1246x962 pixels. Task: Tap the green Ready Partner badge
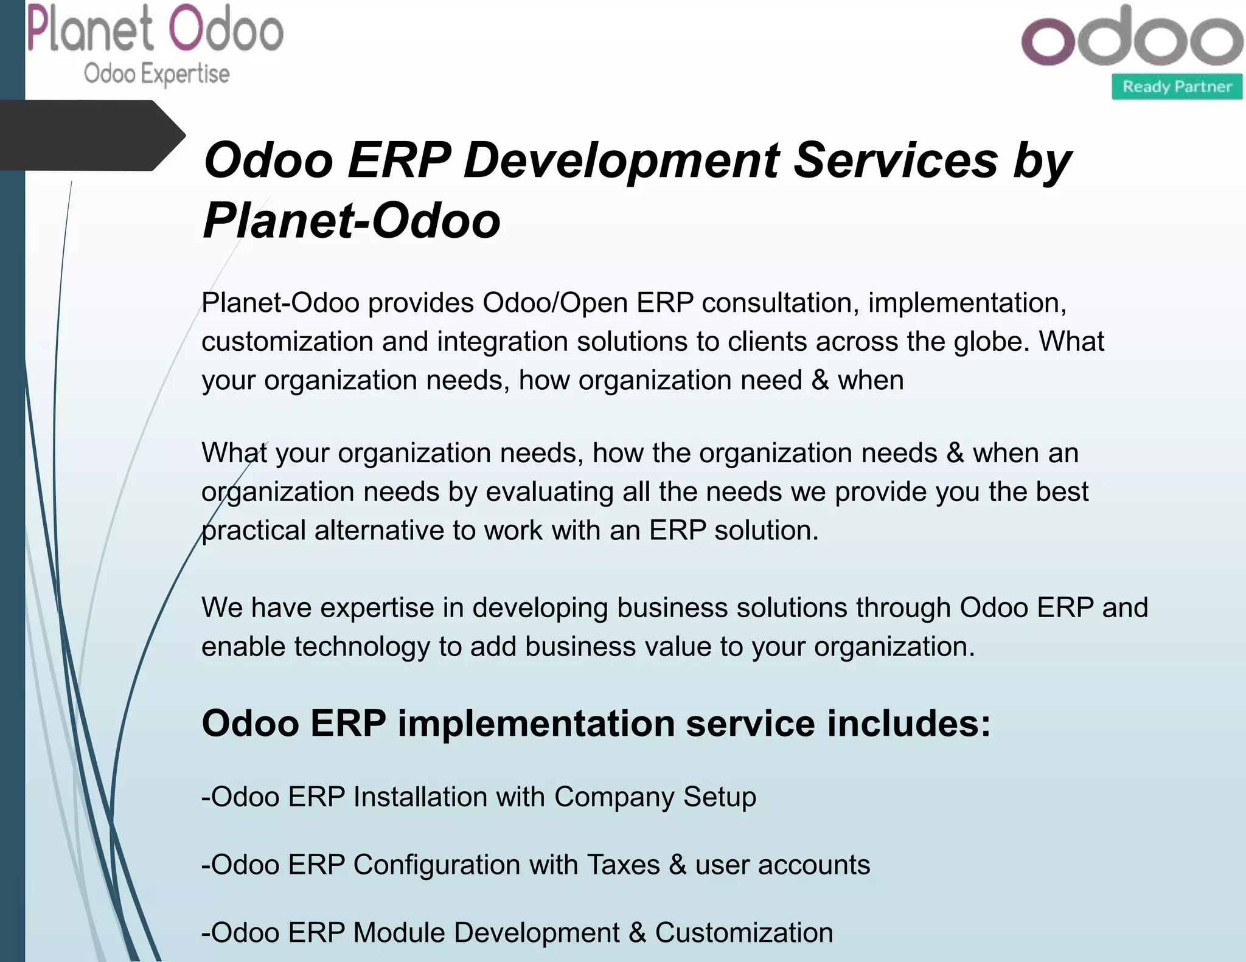tap(1177, 87)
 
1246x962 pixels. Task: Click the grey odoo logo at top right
tap(1132, 38)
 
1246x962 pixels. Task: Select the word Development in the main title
tap(621, 161)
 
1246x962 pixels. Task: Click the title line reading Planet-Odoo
tap(351, 220)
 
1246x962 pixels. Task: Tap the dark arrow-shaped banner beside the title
tap(91, 135)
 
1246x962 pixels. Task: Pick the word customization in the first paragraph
tap(287, 342)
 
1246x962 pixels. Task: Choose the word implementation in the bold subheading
tap(536, 724)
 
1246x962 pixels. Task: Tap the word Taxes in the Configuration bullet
tap(623, 865)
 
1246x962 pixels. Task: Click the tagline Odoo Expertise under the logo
tap(156, 74)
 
